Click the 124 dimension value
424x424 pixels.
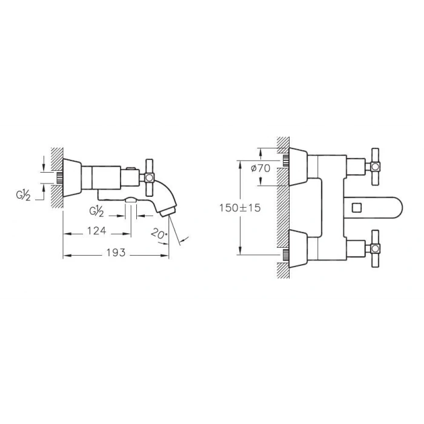[96, 231]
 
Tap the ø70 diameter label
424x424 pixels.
[261, 168]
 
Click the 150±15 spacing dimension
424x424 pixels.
[240, 208]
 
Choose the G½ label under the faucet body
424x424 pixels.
[96, 211]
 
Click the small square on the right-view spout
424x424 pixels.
[356, 207]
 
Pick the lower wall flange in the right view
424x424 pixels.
[299, 247]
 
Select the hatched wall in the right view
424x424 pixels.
[282, 206]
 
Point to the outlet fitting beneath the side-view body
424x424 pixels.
[130, 201]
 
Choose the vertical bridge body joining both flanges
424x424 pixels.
[327, 206]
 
